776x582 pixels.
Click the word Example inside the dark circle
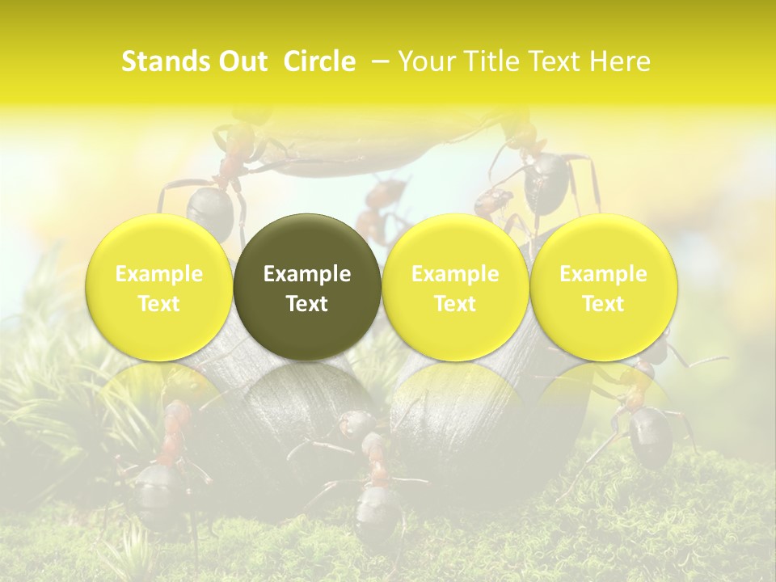(x=307, y=274)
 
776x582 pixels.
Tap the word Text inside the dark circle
(x=307, y=304)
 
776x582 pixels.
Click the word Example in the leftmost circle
(x=159, y=274)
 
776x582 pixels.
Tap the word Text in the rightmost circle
(x=604, y=304)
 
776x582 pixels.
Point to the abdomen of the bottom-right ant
(x=650, y=436)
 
